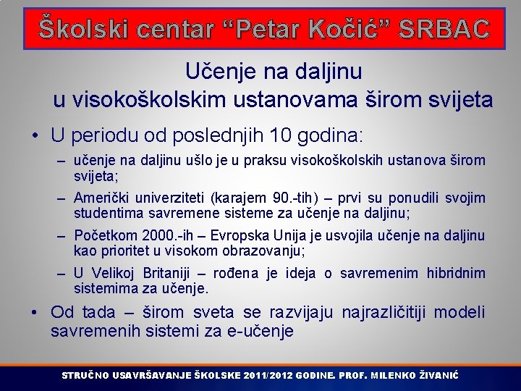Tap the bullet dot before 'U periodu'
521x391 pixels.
point(35,135)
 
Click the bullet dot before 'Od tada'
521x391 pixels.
point(35,313)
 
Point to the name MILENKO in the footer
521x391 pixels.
point(391,376)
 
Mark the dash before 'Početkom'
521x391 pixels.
point(62,236)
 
